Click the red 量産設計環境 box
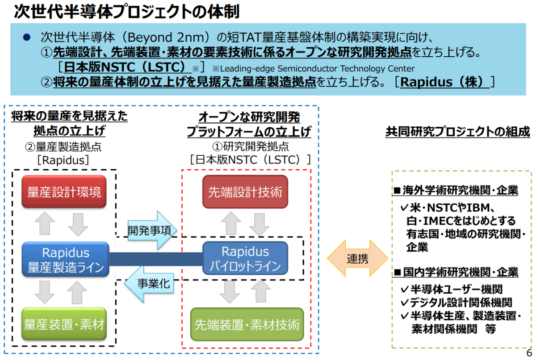pyautogui.click(x=64, y=191)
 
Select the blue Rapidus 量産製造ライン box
pyautogui.click(x=65, y=260)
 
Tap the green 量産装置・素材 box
pyautogui.click(x=64, y=324)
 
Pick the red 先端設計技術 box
pyautogui.click(x=245, y=192)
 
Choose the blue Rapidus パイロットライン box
pyautogui.click(x=245, y=258)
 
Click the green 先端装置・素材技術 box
pyautogui.click(x=247, y=324)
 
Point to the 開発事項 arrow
pyautogui.click(x=152, y=230)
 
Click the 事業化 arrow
pyautogui.click(x=149, y=284)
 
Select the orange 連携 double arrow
pyautogui.click(x=357, y=258)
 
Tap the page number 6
pyautogui.click(x=529, y=353)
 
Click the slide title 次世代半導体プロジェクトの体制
pyautogui.click(x=127, y=12)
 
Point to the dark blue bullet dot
pyautogui.click(x=26, y=37)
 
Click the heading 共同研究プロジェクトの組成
pyautogui.click(x=457, y=132)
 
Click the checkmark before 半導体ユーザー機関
pyautogui.click(x=404, y=289)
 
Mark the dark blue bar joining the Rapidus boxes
pyautogui.click(x=156, y=259)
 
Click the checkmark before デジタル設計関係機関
pyautogui.click(x=404, y=302)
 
